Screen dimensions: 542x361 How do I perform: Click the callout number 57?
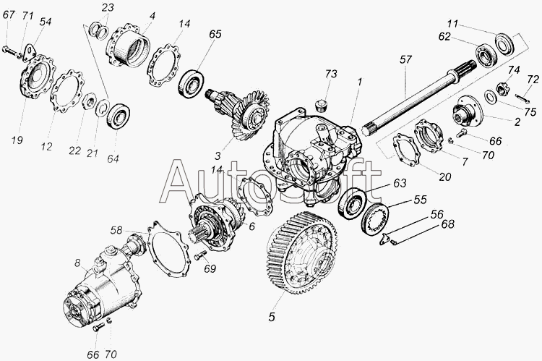coord(406,60)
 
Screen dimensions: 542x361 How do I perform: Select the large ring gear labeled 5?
coord(301,253)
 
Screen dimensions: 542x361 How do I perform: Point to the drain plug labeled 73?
coord(322,104)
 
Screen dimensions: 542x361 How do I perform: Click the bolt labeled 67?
coord(10,51)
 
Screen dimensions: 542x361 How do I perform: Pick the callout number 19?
coord(17,140)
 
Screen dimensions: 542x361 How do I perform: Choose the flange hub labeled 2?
coord(465,110)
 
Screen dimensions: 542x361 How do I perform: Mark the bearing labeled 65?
coord(192,84)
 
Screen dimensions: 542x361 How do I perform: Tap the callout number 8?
coord(77,264)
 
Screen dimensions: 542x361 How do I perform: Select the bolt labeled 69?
coord(200,256)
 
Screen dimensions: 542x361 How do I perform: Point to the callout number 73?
coord(331,74)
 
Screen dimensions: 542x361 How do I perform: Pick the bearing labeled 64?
coord(119,116)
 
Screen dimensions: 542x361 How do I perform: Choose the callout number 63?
coord(400,183)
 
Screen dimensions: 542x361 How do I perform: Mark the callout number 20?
coord(445,177)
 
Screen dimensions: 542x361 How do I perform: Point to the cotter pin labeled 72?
coord(522,98)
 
